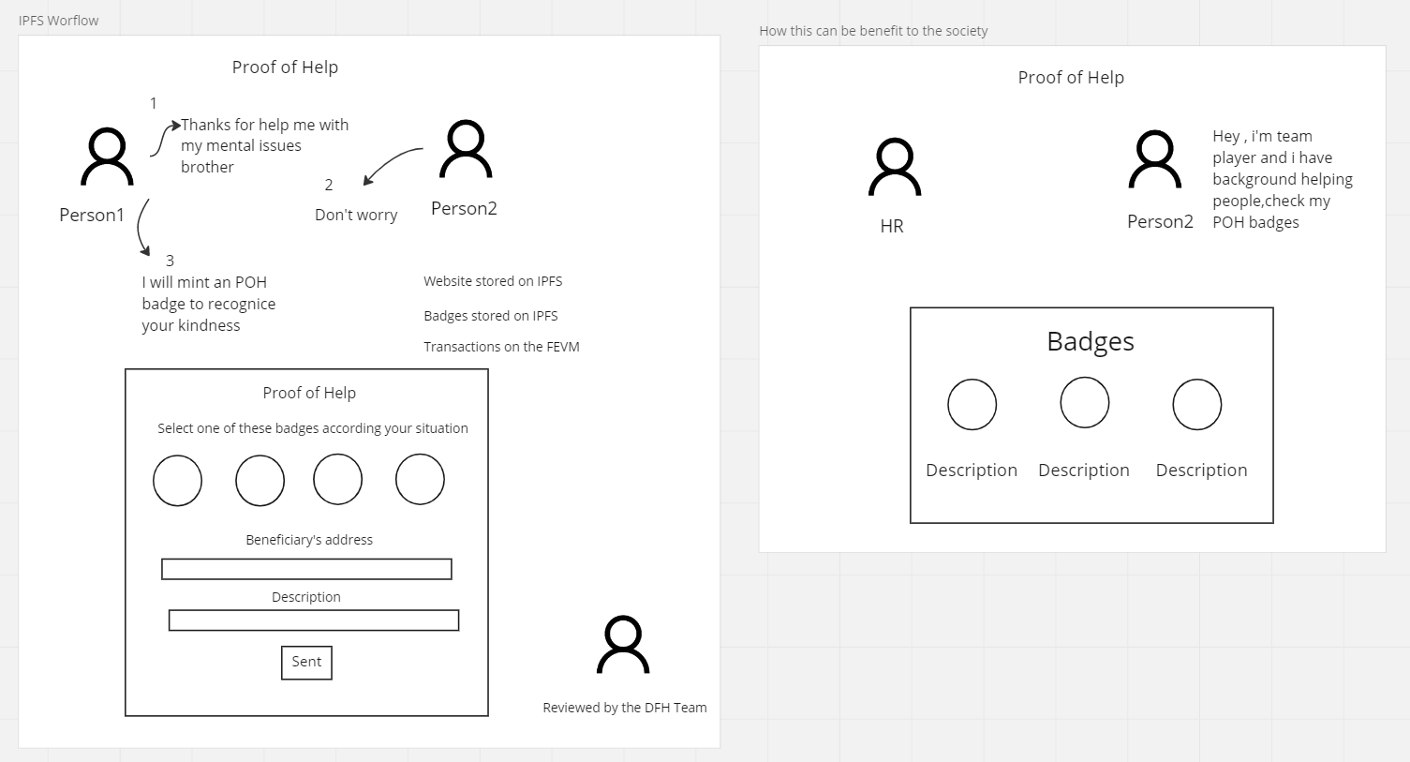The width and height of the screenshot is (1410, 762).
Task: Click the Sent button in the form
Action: pos(306,662)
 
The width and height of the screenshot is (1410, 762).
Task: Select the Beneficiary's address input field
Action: pos(306,569)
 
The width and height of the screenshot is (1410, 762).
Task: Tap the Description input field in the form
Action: pos(313,620)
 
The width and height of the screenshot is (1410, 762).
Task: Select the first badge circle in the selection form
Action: pos(177,480)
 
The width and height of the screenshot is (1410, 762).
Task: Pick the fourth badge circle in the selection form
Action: pos(420,479)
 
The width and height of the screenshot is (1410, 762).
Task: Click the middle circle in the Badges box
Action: pos(1084,403)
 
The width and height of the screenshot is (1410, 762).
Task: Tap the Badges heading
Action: pos(1091,341)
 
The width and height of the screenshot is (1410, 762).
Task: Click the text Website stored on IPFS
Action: pos(493,281)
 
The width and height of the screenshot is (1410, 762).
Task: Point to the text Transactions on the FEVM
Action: pos(501,347)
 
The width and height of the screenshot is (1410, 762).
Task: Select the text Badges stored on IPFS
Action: pos(490,316)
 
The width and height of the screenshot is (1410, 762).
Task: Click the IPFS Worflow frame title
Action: pos(58,21)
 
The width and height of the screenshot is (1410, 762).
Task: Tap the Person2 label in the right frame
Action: pos(1160,222)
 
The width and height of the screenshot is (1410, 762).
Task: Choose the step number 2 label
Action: pos(329,186)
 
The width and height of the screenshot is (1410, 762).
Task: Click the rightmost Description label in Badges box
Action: pos(1201,471)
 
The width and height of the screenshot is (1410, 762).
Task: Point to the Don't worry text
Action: pos(356,216)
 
